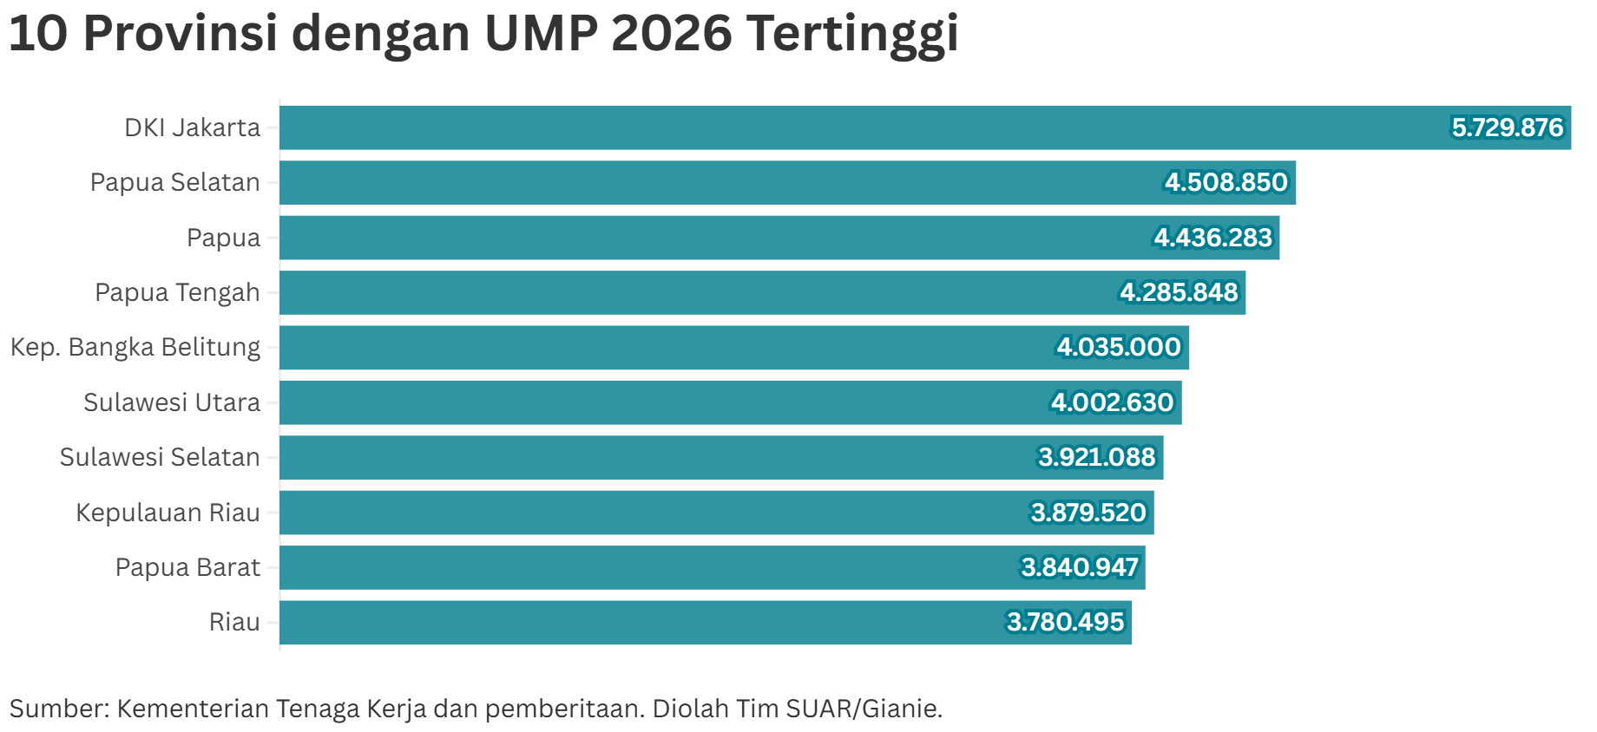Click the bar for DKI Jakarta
pyautogui.click(x=868, y=127)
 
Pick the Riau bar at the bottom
pyautogui.click(x=651, y=622)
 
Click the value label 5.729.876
pyautogui.click(x=1507, y=127)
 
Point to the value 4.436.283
pyautogui.click(x=1213, y=238)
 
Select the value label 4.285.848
pyautogui.click(x=1179, y=292)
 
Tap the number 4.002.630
pyautogui.click(x=1112, y=402)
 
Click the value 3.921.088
pyautogui.click(x=1096, y=457)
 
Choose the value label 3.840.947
pyautogui.click(x=1079, y=567)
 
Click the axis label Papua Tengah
pyautogui.click(x=177, y=293)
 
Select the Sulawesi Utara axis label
pyautogui.click(x=172, y=402)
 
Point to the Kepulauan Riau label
pyautogui.click(x=168, y=513)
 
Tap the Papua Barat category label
pyautogui.click(x=187, y=567)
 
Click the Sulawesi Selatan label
pyautogui.click(x=160, y=457)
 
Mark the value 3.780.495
pyautogui.click(x=1065, y=622)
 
